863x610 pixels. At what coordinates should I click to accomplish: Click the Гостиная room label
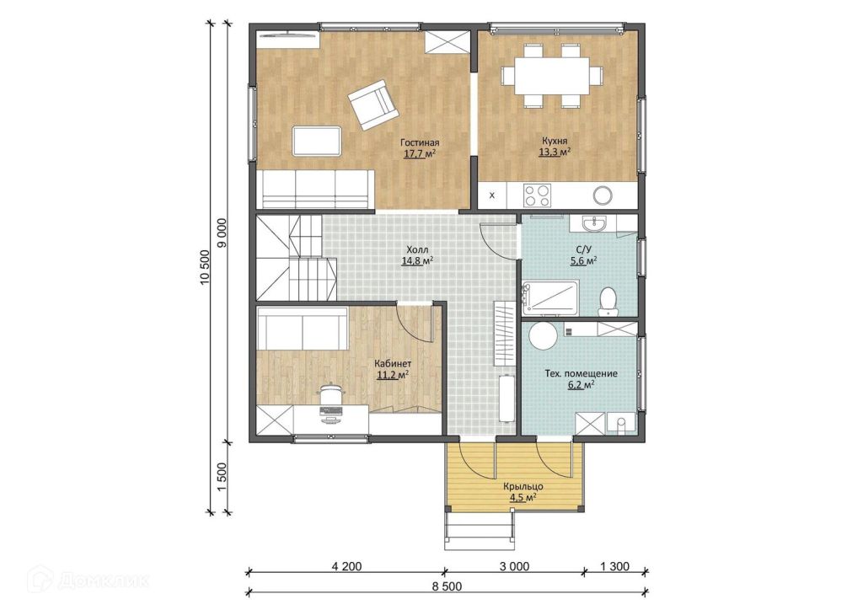[420, 142]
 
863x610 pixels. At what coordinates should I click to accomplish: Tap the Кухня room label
[554, 142]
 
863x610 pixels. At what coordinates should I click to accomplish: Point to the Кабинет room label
[393, 364]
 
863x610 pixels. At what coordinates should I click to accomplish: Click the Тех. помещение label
[581, 373]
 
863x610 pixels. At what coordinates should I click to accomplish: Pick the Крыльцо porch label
[523, 487]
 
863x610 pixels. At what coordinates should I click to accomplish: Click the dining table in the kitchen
[551, 75]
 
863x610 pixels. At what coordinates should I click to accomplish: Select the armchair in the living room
[373, 104]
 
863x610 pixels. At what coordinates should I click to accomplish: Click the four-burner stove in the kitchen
[537, 195]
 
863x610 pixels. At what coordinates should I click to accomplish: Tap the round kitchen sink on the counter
[602, 195]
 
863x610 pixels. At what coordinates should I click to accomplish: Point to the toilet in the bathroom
[608, 300]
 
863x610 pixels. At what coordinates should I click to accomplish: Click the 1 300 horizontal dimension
[614, 566]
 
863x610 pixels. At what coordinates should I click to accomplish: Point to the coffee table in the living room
[317, 141]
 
